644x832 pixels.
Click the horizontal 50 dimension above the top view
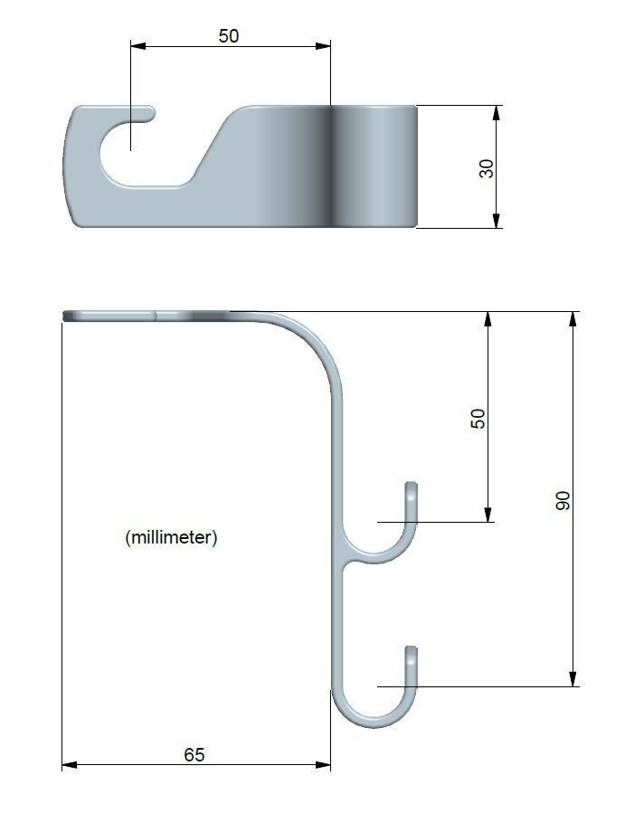tap(229, 36)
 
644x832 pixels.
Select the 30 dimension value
tap(488, 167)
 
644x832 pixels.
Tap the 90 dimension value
tap(563, 500)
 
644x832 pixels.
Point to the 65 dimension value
tap(194, 754)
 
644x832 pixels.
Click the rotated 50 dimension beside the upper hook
tap(478, 418)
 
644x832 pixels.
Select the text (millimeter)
tap(171, 537)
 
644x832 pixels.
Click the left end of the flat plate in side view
tap(67, 316)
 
